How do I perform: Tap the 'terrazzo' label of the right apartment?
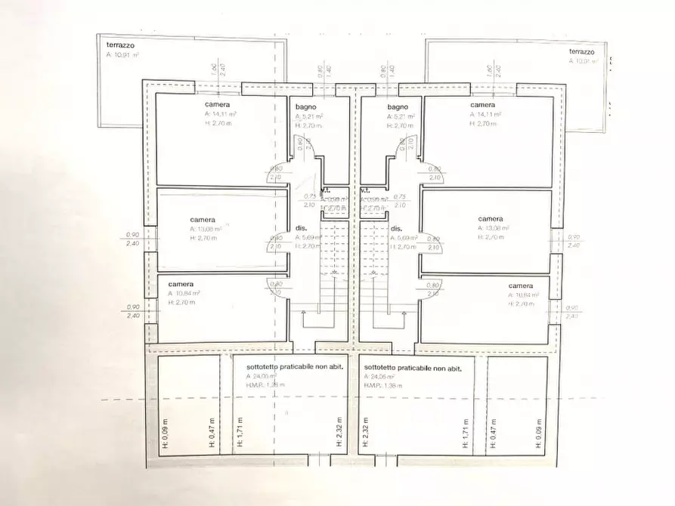(x=581, y=52)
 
